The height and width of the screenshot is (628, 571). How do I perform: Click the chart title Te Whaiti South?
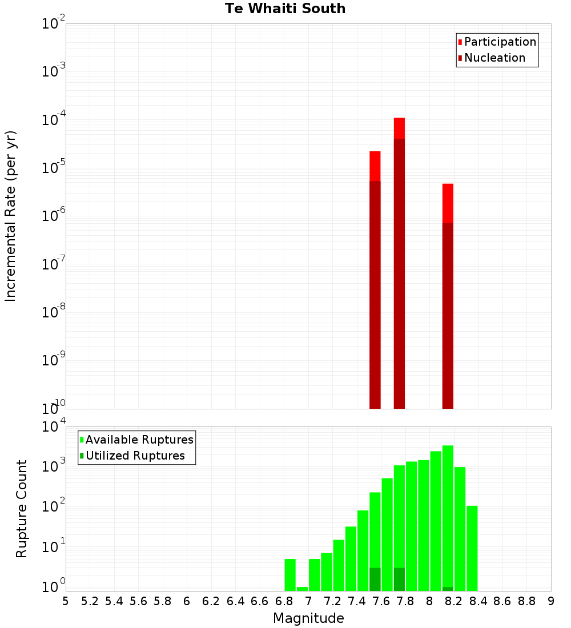(x=285, y=9)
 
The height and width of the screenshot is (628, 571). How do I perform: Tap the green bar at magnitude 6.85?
(x=290, y=574)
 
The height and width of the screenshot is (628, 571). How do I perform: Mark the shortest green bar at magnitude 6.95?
(x=302, y=589)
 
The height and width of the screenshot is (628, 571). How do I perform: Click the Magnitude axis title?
(x=308, y=618)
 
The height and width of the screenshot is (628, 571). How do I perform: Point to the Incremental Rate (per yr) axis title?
(x=11, y=216)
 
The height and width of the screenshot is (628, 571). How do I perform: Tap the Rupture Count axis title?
(x=22, y=509)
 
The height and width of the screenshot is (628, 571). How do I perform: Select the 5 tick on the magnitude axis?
(x=66, y=601)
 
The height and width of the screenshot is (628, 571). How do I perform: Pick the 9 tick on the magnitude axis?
(x=551, y=601)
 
